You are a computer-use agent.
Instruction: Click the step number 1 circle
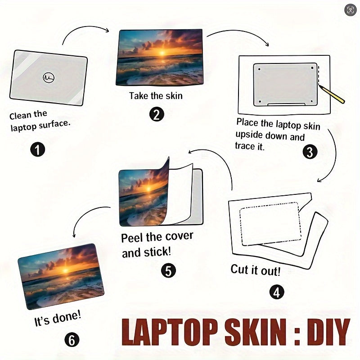pos(38,149)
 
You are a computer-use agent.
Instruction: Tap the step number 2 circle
pos(157,115)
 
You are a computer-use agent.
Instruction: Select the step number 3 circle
pos(310,152)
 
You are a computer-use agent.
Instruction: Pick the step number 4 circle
pos(277,292)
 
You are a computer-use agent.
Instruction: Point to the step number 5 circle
pos(168,270)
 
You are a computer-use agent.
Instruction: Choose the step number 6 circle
pos(72,340)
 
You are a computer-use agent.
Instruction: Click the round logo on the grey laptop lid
pos(49,77)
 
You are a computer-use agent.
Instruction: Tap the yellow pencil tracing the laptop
pos(332,94)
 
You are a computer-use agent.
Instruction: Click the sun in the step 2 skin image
pos(162,53)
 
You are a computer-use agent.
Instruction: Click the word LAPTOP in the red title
pos(170,332)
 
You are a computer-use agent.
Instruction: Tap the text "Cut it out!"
pos(256,270)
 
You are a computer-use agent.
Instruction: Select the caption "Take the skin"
pos(156,96)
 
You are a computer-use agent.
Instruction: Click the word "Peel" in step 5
pos(132,238)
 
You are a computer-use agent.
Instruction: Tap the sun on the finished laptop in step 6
pos(65,270)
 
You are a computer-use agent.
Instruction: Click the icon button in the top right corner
pos(351,10)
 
